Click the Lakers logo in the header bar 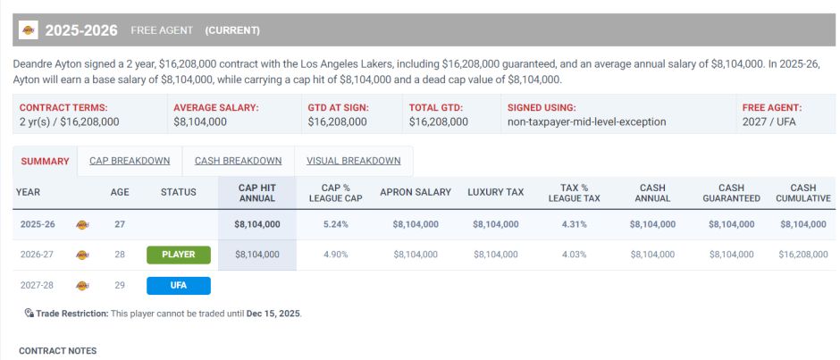tap(29, 30)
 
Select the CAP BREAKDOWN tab tap(130, 161)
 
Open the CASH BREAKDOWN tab tap(238, 161)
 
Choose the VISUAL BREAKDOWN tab tap(353, 161)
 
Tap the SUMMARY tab tap(45, 161)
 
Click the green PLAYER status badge tap(179, 255)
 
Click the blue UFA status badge tap(179, 286)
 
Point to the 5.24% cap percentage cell tap(334, 224)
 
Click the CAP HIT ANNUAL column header tap(256, 192)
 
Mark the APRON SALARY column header tap(416, 192)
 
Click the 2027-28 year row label tap(38, 286)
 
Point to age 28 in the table tap(120, 255)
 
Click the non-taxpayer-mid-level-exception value tap(586, 121)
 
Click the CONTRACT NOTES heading tap(57, 351)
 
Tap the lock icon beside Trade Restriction tap(29, 314)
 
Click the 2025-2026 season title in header tap(81, 30)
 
